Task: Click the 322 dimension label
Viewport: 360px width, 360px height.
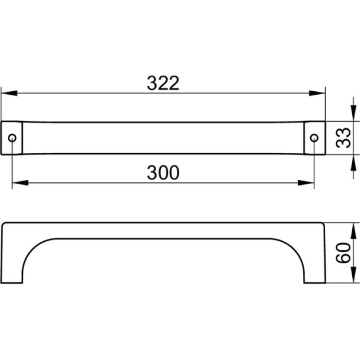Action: tap(163, 83)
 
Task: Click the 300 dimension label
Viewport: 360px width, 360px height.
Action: tap(163, 173)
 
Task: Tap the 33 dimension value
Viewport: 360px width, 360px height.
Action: tap(343, 137)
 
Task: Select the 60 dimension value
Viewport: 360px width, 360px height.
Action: tap(343, 253)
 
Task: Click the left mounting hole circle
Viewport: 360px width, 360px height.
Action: tap(12, 138)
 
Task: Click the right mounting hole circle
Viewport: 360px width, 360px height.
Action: tap(314, 138)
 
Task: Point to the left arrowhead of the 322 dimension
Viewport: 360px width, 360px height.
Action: tap(9, 93)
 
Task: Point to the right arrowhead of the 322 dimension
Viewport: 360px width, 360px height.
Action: tap(317, 93)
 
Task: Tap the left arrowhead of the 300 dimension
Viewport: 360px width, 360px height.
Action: tap(20, 183)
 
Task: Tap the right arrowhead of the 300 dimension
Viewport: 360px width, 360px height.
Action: tap(306, 183)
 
